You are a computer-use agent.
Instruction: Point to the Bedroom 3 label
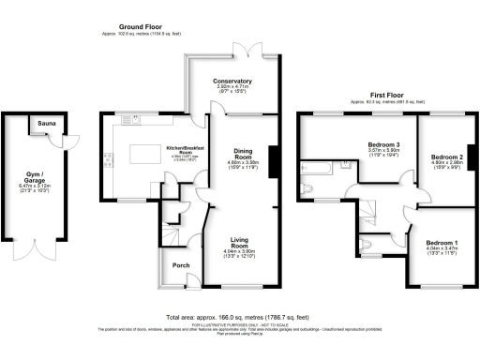pyautogui.click(x=383, y=144)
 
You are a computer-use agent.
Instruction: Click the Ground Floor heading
pyautogui.click(x=141, y=28)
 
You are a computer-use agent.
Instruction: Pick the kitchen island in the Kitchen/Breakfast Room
pyautogui.click(x=139, y=153)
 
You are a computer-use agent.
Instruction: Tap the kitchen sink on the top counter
pyautogui.click(x=137, y=119)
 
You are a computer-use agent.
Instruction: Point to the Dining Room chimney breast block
pyautogui.click(x=273, y=157)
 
